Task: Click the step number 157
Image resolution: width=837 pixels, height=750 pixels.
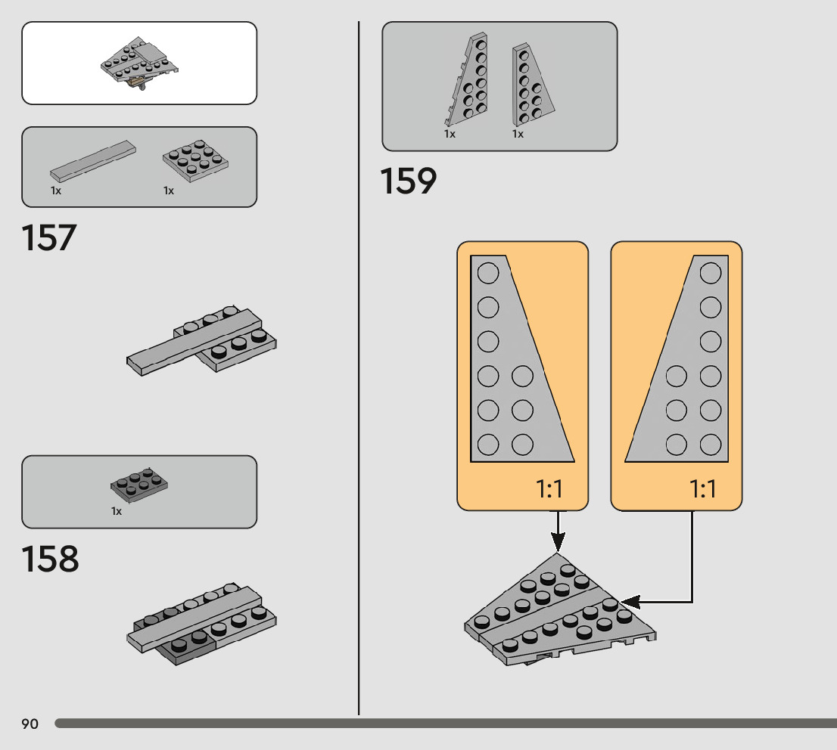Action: coord(49,237)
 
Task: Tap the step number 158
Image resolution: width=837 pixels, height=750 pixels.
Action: coord(50,559)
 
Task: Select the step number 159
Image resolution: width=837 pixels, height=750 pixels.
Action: coord(409,181)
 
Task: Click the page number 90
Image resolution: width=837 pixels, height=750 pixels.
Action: coord(30,724)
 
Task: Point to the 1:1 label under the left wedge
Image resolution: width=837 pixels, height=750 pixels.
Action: coord(550,489)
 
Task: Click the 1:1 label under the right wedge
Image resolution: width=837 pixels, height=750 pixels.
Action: coord(703,489)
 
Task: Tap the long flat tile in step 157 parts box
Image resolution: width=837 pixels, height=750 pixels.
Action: coord(93,160)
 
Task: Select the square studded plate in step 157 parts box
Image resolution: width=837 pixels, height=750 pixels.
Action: coord(195,157)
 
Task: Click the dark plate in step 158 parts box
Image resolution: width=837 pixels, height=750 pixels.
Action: coord(139,485)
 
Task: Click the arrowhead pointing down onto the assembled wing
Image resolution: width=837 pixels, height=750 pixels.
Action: coord(558,541)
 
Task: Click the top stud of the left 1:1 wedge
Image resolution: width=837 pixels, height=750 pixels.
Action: coord(488,272)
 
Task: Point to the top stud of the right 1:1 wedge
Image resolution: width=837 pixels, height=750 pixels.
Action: coord(711,272)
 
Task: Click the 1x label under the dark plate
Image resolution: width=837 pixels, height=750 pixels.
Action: coord(117,512)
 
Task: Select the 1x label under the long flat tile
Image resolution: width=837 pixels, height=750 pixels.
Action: coord(56,191)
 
